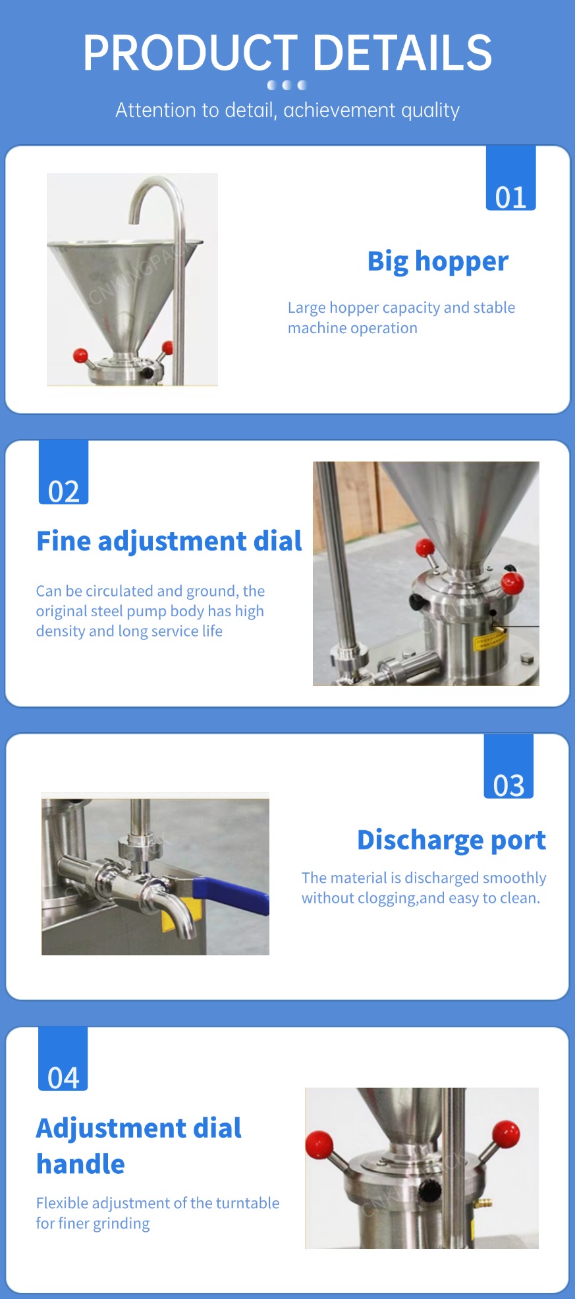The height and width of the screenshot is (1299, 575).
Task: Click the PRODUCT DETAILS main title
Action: click(287, 53)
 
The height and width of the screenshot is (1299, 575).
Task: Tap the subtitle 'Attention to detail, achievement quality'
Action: click(287, 110)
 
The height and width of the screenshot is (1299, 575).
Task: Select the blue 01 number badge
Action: click(510, 178)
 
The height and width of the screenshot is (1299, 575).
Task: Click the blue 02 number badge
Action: click(63, 473)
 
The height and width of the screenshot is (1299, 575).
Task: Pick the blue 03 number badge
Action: click(508, 766)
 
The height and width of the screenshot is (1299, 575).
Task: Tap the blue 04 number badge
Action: click(63, 1059)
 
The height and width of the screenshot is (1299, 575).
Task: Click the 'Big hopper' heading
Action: click(438, 261)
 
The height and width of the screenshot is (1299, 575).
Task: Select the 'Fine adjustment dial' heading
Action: click(169, 541)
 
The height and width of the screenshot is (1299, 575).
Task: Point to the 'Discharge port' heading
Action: click(451, 840)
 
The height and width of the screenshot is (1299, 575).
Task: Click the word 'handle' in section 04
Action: click(80, 1164)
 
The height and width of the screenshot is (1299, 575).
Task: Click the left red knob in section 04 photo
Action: click(319, 1144)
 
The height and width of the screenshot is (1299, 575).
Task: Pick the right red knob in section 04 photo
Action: click(506, 1134)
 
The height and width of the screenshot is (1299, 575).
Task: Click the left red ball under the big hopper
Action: click(80, 356)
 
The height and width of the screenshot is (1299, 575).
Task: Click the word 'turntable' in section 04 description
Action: click(248, 1203)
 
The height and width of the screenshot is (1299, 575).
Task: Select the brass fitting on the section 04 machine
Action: click(485, 1204)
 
